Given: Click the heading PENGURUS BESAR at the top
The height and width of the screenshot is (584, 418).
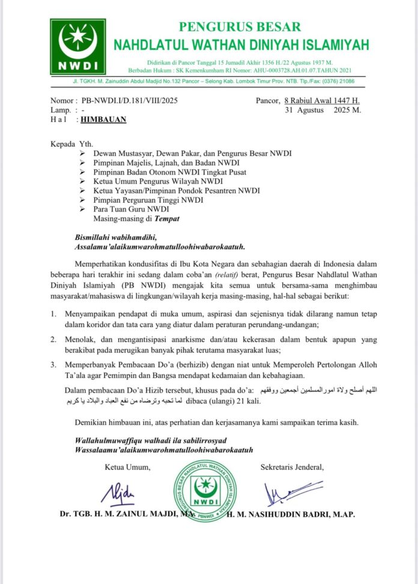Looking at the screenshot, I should pos(241,27).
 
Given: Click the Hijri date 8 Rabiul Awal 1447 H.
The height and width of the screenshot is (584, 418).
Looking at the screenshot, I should pos(321,101).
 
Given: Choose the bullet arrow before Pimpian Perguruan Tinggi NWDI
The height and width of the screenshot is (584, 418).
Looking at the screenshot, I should pos(83,200).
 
